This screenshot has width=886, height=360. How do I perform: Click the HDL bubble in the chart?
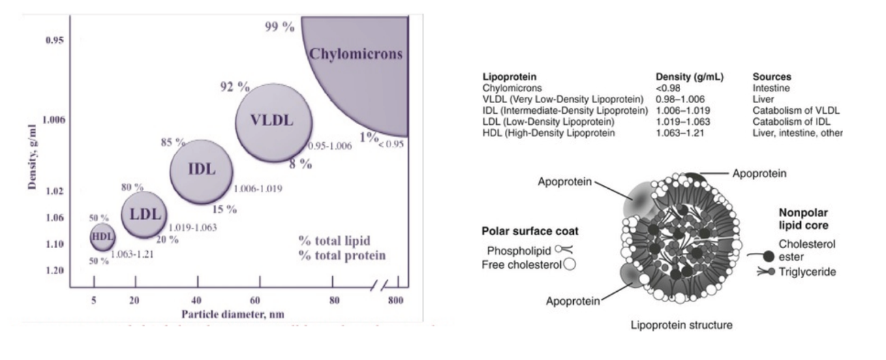pyautogui.click(x=102, y=237)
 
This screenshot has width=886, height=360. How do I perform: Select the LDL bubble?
pyautogui.click(x=144, y=215)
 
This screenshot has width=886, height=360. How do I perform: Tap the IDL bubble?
pyautogui.click(x=201, y=172)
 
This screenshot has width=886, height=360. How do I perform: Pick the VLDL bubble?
pyautogui.click(x=274, y=123)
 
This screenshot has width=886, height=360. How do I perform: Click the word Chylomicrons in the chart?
pyautogui.click(x=356, y=54)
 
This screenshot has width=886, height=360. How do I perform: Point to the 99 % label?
pyautogui.click(x=279, y=27)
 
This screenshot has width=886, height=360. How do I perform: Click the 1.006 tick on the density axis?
pyautogui.click(x=54, y=120)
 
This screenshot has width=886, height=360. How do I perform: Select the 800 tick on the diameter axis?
pyautogui.click(x=395, y=300)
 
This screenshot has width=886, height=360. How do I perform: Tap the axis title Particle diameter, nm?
pyautogui.click(x=233, y=314)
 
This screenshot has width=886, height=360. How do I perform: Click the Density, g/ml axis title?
pyautogui.click(x=33, y=157)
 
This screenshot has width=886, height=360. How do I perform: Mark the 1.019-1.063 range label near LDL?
pyautogui.click(x=193, y=228)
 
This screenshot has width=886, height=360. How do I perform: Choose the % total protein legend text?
pyautogui.click(x=342, y=256)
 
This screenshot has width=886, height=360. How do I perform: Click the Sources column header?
pyautogui.click(x=772, y=77)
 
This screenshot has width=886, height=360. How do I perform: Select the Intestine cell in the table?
pyautogui.click(x=771, y=88)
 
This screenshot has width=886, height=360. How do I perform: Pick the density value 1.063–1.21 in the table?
pyautogui.click(x=680, y=132)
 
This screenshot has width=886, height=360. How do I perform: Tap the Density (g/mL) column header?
pyautogui.click(x=690, y=77)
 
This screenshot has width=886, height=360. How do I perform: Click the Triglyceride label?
pyautogui.click(x=808, y=272)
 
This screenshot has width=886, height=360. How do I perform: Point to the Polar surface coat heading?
pyautogui.click(x=530, y=231)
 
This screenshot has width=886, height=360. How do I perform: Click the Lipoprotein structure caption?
pyautogui.click(x=682, y=325)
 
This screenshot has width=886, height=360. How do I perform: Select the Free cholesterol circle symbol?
pyautogui.click(x=569, y=264)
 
